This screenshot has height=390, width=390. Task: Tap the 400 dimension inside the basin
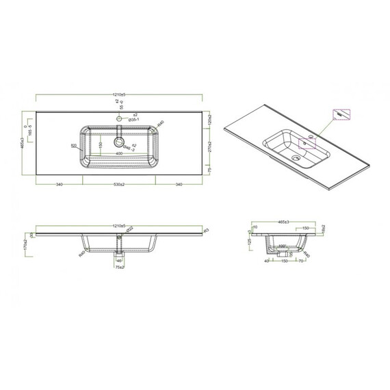[x=120, y=153]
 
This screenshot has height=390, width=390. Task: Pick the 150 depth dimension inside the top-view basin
[x=100, y=145]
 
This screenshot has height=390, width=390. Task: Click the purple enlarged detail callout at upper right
[x=339, y=114]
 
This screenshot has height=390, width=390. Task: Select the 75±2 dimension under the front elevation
[x=120, y=268]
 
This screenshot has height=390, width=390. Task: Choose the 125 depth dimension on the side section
[x=250, y=242]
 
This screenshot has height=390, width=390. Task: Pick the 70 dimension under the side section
[x=300, y=261]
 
